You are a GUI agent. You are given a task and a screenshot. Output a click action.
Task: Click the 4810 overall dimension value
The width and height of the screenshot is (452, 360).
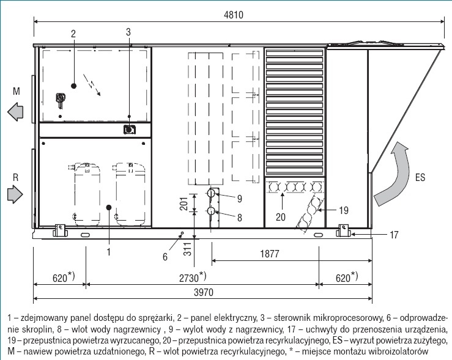pyautogui.click(x=234, y=15)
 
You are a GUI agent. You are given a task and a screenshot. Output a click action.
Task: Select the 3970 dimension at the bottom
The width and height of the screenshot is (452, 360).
pyautogui.click(x=204, y=292)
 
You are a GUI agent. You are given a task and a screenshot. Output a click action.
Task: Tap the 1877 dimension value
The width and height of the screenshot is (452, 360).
pyautogui.click(x=270, y=254)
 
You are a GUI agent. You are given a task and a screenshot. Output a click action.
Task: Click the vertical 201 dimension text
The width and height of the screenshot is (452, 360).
pyautogui.click(x=184, y=204)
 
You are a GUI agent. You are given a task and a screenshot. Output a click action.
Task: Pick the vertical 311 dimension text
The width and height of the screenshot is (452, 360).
pyautogui.click(x=187, y=249)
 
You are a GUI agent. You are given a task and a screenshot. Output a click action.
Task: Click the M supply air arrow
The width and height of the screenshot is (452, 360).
pyautogui.click(x=15, y=111)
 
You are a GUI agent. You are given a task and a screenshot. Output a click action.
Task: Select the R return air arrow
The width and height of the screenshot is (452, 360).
pyautogui.click(x=15, y=194)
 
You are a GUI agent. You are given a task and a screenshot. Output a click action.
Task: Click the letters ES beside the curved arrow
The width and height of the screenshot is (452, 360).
pyautogui.click(x=420, y=177)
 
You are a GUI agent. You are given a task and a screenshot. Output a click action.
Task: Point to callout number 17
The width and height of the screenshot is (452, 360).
pyautogui.click(x=394, y=235)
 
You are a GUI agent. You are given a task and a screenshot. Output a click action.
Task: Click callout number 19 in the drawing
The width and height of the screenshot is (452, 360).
pyautogui.click(x=344, y=210)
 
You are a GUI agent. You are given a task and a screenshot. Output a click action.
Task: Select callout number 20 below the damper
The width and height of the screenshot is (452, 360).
pyautogui.click(x=281, y=217)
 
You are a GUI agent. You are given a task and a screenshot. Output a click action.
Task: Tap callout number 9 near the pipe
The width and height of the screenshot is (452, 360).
pyautogui.click(x=240, y=199)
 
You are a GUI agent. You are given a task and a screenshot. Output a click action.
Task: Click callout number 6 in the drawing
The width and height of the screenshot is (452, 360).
pyautogui.click(x=165, y=257)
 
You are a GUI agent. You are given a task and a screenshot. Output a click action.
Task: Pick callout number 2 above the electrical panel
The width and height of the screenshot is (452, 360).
pyautogui.click(x=73, y=34)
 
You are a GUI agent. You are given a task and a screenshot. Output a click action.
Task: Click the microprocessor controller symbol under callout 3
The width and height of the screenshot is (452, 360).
pyautogui.click(x=130, y=130)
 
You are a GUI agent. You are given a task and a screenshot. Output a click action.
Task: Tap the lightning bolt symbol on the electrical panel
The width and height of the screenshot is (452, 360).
pyautogui.click(x=92, y=85)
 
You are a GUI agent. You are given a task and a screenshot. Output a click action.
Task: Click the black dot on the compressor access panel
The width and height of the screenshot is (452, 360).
pyautogui.click(x=109, y=207)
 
